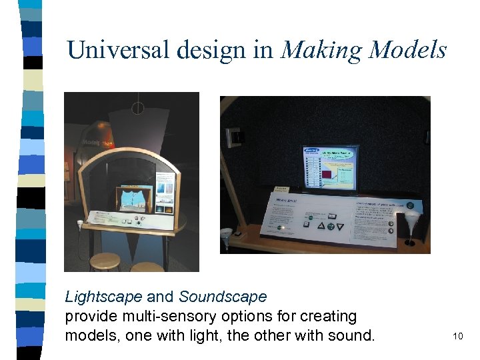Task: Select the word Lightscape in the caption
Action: (103, 297)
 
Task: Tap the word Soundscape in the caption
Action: (223, 297)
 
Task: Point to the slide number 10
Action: (457, 336)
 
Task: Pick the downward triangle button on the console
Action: (341, 227)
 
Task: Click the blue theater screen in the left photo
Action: (134, 199)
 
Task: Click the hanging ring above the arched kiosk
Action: (138, 107)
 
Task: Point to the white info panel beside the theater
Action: (165, 192)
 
